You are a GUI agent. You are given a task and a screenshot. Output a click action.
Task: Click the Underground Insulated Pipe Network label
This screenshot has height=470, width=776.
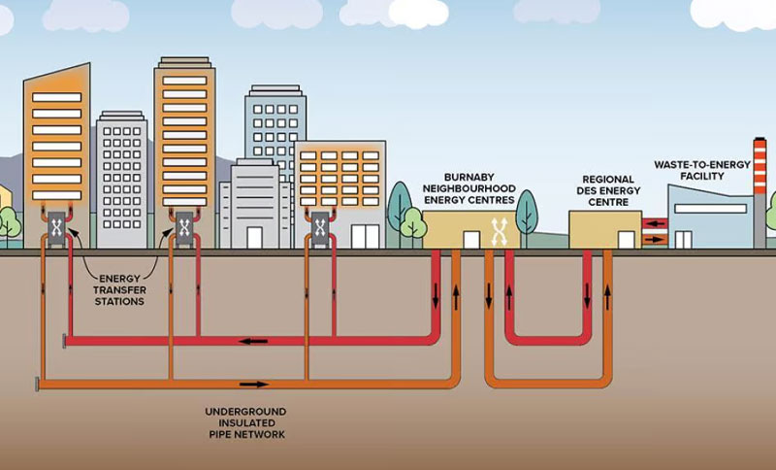point(245,423)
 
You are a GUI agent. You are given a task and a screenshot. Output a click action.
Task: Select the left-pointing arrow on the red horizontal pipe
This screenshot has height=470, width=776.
point(255,341)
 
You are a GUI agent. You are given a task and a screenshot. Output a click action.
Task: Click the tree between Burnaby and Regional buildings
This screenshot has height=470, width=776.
point(527,214)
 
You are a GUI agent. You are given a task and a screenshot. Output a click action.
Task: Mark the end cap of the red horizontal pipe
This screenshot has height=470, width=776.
point(65,340)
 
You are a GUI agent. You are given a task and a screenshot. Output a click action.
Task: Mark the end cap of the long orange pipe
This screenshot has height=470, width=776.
point(38,384)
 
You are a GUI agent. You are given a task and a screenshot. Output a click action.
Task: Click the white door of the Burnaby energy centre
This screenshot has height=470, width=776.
point(471,238)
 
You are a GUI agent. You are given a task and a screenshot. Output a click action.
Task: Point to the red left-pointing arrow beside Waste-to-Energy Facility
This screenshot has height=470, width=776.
point(655,223)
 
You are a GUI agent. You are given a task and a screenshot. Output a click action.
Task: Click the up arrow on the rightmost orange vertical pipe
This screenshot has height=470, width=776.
point(607,293)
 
